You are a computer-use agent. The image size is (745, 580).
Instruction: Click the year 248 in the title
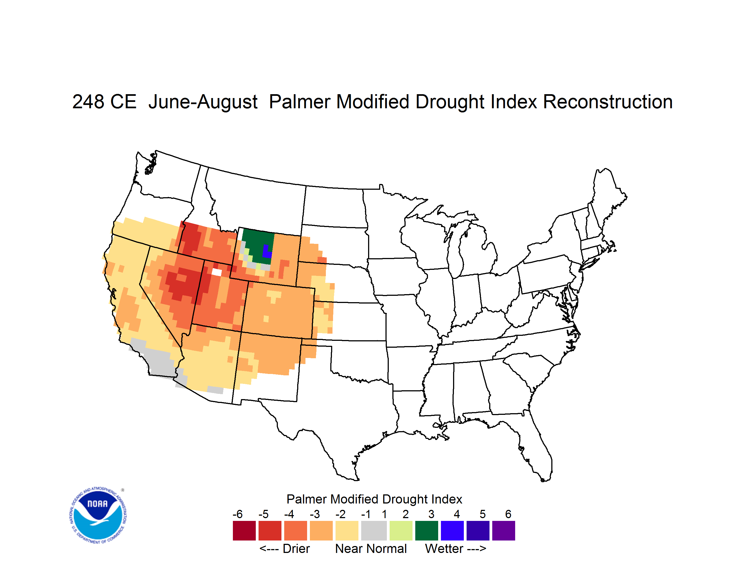(88, 102)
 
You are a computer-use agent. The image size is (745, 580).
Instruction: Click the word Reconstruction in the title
(608, 102)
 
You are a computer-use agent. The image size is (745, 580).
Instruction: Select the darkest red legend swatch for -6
(244, 531)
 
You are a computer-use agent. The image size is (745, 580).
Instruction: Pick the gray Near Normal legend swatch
(374, 531)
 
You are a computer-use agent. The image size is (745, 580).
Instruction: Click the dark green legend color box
(426, 531)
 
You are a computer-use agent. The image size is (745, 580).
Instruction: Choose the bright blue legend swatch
(452, 531)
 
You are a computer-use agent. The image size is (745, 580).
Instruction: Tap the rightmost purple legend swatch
(504, 531)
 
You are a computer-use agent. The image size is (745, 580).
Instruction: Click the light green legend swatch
(401, 531)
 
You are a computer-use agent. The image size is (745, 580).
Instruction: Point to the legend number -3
(315, 514)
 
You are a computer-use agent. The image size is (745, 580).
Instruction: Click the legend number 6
(508, 514)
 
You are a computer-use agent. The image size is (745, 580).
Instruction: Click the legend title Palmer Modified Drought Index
(374, 499)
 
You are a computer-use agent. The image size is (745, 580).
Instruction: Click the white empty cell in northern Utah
(217, 272)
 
